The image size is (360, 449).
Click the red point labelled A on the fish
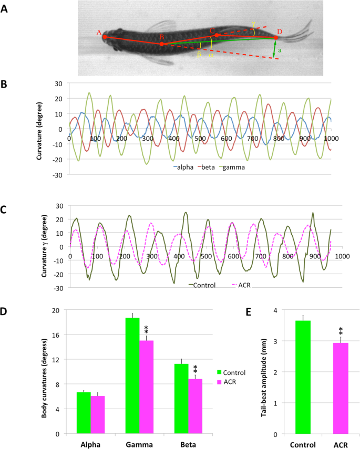pos(105,37)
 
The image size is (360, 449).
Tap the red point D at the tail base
pos(276,38)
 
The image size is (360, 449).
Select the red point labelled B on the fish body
pos(161,44)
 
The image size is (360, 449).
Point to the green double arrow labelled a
pos(274,49)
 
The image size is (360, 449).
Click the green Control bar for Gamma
pos(132,375)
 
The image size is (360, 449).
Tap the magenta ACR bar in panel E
pos(336,388)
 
